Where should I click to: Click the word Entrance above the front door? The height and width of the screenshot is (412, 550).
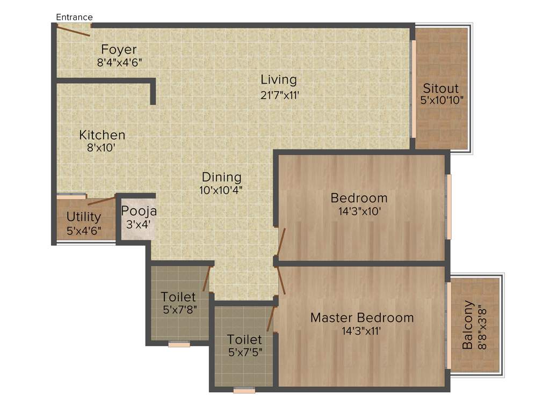tap(74, 17)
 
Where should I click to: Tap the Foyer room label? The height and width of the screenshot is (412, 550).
tap(119, 50)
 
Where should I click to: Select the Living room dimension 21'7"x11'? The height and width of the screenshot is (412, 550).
tap(279, 95)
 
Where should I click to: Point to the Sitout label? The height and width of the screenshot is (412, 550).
tap(440, 88)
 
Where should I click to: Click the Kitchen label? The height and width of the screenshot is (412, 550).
tap(102, 135)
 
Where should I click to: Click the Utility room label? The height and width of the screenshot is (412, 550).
tap(84, 217)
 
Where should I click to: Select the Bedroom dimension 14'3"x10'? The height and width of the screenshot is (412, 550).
tap(359, 211)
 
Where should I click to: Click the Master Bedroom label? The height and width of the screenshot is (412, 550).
tap(361, 318)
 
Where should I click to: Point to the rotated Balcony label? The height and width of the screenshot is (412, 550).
tap(468, 325)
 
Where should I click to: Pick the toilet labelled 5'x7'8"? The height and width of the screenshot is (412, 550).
tap(178, 303)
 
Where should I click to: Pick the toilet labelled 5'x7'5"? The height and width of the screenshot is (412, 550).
tap(244, 345)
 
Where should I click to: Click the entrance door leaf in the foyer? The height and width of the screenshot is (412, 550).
tap(74, 31)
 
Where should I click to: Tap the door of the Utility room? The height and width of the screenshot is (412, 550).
tap(102, 201)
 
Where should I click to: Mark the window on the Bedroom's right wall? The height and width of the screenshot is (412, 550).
tap(448, 206)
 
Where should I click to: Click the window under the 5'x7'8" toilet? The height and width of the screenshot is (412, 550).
tap(179, 344)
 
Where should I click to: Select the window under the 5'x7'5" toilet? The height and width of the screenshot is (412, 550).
tap(244, 391)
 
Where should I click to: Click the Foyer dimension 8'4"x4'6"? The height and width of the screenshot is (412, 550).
tap(119, 62)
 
